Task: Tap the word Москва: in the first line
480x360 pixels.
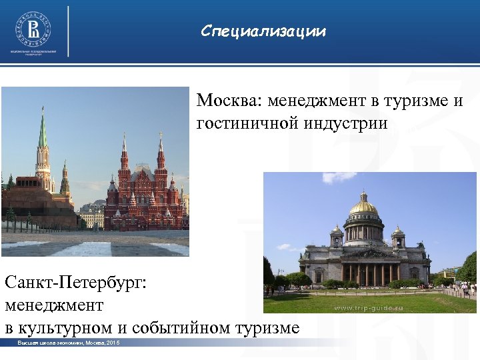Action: [228, 101]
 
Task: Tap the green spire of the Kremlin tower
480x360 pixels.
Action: [43, 130]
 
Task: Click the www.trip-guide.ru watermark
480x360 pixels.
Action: [367, 308]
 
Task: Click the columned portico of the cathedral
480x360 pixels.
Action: [366, 270]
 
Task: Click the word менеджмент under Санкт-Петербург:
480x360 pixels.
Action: [54, 305]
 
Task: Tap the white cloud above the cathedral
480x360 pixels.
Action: [339, 177]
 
